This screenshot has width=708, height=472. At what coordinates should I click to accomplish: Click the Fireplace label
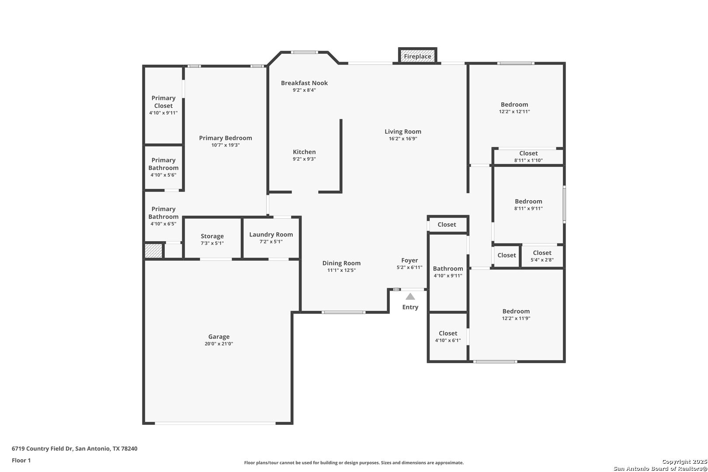point(417,56)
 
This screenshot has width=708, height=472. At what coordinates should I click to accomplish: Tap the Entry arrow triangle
point(410,297)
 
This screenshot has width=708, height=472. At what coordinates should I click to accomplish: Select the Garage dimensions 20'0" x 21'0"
point(219,344)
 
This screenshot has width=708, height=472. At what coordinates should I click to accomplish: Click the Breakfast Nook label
point(304,83)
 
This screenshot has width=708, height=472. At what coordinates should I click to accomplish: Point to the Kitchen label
point(304,152)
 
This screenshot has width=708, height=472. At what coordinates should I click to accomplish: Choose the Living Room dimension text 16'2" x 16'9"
point(403,139)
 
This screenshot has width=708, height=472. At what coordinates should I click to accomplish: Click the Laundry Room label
point(271,235)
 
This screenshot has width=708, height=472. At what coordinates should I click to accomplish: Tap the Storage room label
point(212,236)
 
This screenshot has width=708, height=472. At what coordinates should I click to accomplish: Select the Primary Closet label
point(163,102)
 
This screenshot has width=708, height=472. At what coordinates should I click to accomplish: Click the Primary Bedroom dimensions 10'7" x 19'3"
point(226,146)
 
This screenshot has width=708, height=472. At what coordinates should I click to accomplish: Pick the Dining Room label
point(341,264)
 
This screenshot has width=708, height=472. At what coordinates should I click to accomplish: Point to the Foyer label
point(410,260)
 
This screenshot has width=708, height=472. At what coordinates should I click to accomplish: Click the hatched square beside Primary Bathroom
point(153,251)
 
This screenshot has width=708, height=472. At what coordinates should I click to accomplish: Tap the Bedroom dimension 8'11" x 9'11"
point(528,208)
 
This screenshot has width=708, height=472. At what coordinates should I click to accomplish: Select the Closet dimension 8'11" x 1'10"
point(528,160)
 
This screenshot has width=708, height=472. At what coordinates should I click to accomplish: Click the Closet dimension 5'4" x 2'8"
point(542,260)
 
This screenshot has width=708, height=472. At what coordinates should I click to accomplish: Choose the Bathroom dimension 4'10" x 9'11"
point(448,276)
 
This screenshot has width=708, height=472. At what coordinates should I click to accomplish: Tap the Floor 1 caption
point(21,461)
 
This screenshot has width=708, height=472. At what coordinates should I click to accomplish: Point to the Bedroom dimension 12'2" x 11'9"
point(516,318)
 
